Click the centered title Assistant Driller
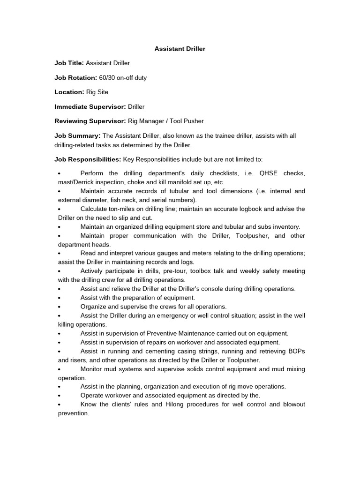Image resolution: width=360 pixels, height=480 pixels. pyautogui.click(x=180, y=48)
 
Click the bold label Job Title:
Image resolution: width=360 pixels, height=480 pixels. pyautogui.click(x=69, y=63)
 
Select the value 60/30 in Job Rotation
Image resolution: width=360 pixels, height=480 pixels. pyautogui.click(x=107, y=77)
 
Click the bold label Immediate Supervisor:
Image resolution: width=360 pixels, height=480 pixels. pyautogui.click(x=89, y=106)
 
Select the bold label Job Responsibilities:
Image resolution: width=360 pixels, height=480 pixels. pyautogui.click(x=88, y=159)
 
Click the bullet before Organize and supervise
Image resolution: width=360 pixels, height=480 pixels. pyautogui.click(x=60, y=307)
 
